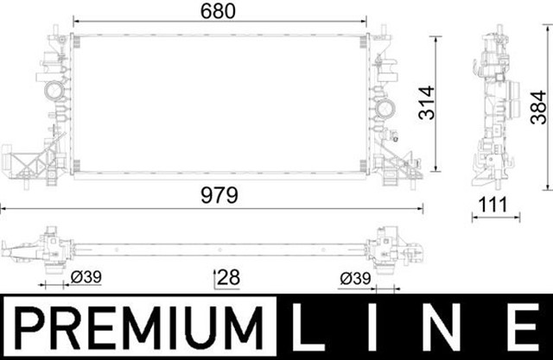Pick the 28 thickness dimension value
coord(227,277)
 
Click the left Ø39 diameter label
coord(87,277)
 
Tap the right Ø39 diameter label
coord(356,277)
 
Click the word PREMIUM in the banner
coord(138,327)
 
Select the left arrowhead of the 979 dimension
coord(3,208)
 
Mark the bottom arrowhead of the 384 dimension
coord(545,185)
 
